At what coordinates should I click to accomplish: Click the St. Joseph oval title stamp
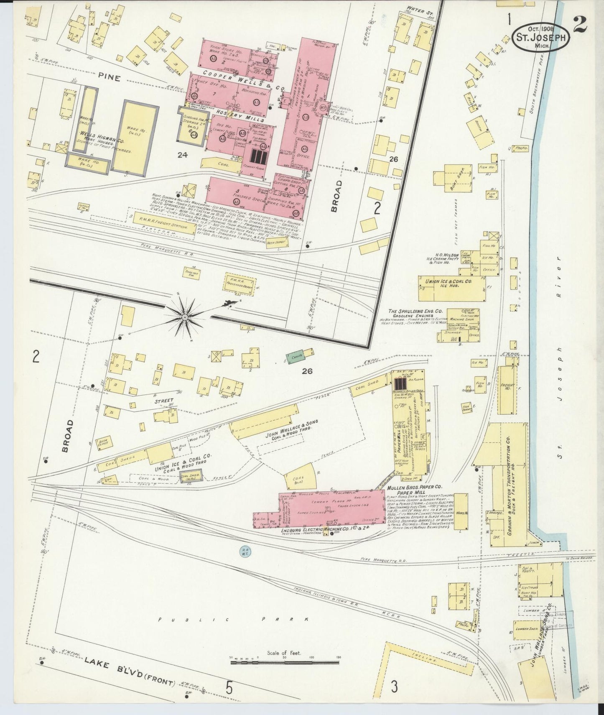coord(540,37)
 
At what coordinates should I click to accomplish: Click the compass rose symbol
coord(184,318)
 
